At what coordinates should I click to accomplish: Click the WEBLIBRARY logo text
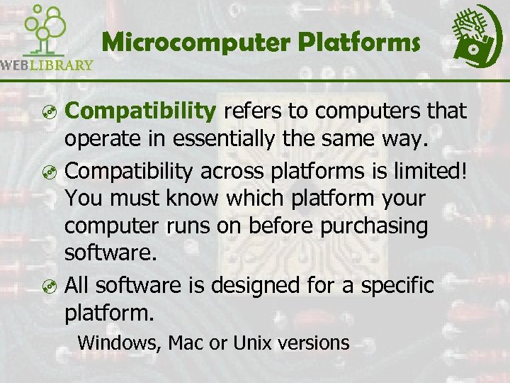click(47, 65)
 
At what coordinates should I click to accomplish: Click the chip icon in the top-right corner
click(475, 35)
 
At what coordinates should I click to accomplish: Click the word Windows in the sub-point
click(119, 343)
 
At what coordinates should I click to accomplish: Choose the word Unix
click(247, 343)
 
